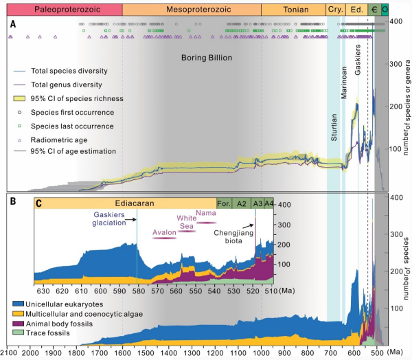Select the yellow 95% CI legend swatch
tap(19, 98)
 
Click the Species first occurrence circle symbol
tap(19, 112)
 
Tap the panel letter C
tap(39, 204)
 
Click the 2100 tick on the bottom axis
tap(8, 352)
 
